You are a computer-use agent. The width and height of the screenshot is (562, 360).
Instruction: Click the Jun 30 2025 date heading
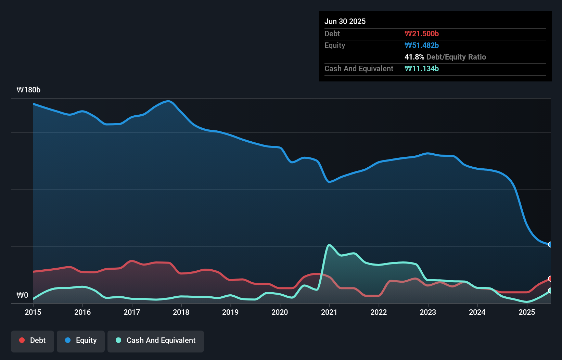coord(345,21)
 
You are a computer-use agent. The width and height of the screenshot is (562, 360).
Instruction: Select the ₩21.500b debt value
coord(421,34)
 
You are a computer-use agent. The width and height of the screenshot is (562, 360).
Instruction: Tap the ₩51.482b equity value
coord(421,45)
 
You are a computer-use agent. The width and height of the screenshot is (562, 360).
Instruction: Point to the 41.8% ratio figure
coord(414,57)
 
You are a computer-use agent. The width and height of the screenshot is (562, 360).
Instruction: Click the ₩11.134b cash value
coord(421,68)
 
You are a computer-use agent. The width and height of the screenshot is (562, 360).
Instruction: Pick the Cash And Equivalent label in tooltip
coord(359,68)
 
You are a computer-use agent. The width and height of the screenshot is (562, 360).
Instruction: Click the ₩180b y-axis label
coord(28,90)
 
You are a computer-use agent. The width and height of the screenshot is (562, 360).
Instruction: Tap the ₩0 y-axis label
coord(22,295)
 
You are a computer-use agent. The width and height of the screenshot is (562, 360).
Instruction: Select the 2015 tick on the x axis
coord(33,312)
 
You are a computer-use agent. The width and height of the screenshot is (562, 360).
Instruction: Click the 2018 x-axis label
coord(181,312)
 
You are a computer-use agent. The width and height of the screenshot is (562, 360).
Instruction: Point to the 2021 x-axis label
coord(329,312)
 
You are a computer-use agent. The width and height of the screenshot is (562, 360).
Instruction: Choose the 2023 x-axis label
coord(428,312)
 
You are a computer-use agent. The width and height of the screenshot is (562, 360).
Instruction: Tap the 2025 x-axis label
coord(527,312)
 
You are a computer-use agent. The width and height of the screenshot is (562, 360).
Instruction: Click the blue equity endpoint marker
coord(550,244)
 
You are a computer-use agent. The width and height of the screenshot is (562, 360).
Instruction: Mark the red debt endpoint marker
coord(550,279)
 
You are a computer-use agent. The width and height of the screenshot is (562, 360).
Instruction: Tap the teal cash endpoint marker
coord(550,291)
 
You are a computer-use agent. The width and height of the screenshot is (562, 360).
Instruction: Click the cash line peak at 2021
coord(329,245)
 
